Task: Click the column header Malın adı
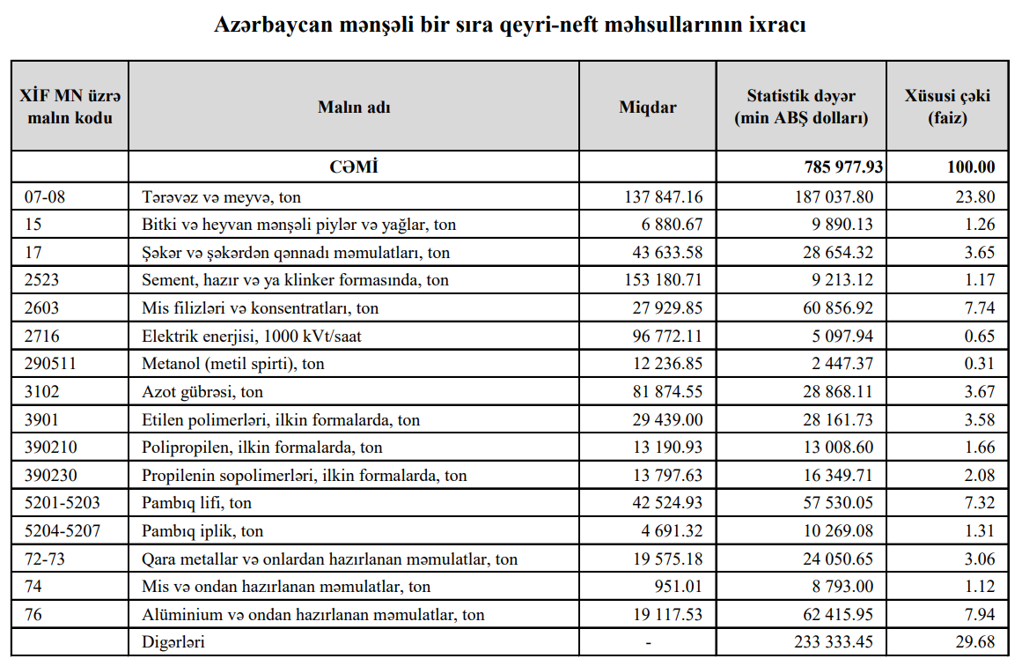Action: (x=354, y=107)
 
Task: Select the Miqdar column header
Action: (x=648, y=107)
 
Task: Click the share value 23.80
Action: (x=974, y=197)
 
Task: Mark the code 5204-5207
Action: (x=57, y=531)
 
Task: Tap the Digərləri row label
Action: (x=173, y=642)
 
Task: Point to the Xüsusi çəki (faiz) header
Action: (x=947, y=107)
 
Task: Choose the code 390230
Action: (x=50, y=476)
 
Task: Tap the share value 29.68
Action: (x=974, y=642)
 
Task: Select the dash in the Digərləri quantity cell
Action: (x=648, y=642)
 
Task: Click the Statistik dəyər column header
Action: (x=801, y=107)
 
